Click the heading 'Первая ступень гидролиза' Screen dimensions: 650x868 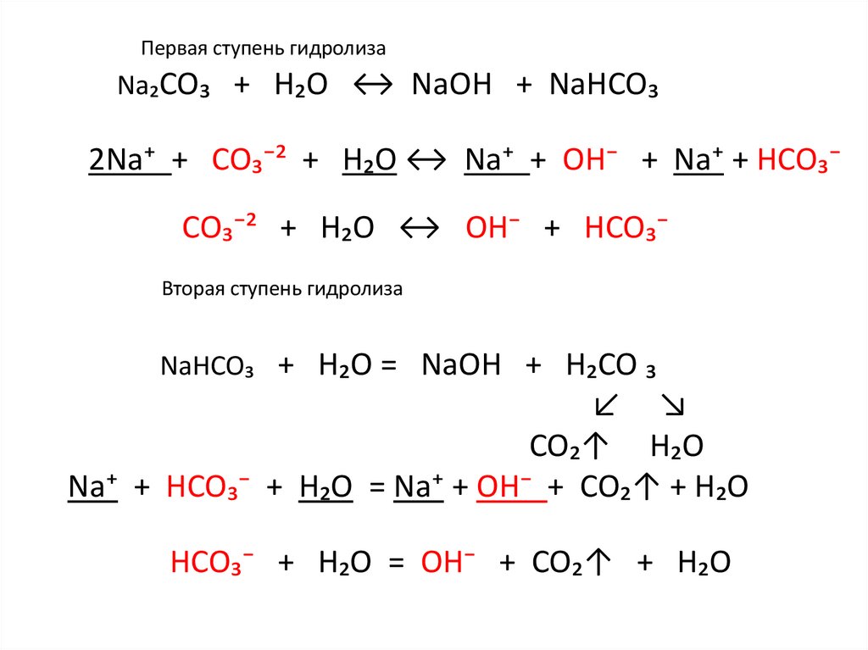(264, 49)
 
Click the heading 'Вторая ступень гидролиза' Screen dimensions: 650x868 (281, 289)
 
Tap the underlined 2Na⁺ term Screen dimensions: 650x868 (126, 160)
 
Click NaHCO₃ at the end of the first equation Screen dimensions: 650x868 (604, 86)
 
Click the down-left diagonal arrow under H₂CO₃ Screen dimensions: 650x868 (606, 407)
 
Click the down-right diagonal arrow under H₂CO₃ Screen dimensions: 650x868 (673, 407)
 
